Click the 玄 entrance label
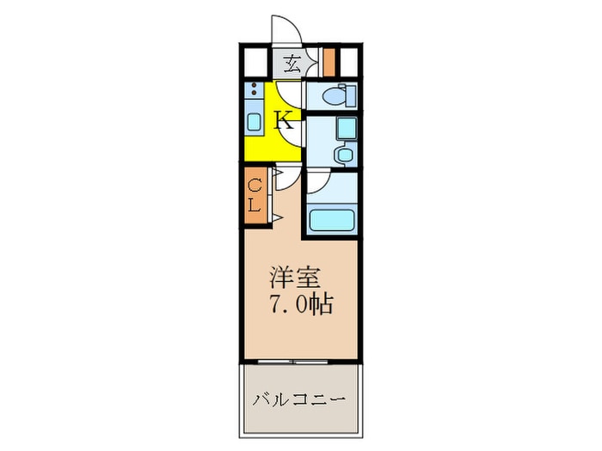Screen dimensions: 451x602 coord(292,62)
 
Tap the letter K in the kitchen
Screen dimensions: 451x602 coord(285,119)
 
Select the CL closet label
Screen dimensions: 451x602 coord(255,196)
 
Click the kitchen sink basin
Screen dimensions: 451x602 coord(255,121)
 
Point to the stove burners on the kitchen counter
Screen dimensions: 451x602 coord(255,89)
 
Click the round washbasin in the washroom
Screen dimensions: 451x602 coord(345,155)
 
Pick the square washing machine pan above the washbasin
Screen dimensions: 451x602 coord(345,129)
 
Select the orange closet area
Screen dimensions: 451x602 coord(255,196)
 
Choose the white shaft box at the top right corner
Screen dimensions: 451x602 coord(349,62)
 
